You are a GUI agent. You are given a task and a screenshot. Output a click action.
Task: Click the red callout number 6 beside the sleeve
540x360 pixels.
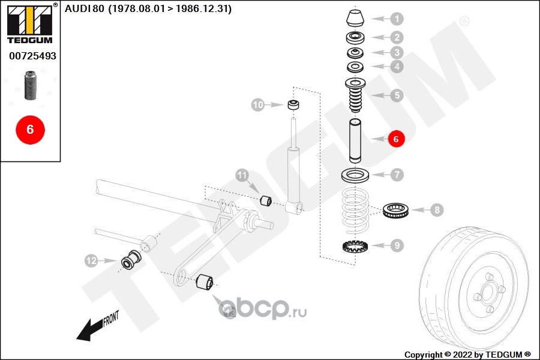[396, 139]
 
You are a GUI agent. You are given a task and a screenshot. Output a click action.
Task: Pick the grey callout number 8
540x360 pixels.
[437, 210]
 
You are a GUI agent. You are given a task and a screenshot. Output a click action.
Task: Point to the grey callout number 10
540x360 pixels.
[258, 105]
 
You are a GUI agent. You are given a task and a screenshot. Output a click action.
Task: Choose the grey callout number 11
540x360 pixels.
[242, 176]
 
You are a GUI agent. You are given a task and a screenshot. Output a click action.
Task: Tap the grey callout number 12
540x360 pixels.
[91, 261]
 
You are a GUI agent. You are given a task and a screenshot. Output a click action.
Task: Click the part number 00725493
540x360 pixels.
[32, 56]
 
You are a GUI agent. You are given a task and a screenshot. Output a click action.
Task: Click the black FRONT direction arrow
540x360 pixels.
[90, 329]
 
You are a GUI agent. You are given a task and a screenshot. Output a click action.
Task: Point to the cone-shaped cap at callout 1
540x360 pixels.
[355, 18]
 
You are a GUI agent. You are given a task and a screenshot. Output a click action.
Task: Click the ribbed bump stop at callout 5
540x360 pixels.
[355, 96]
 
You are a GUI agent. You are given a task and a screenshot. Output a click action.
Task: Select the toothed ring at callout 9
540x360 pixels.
[355, 245]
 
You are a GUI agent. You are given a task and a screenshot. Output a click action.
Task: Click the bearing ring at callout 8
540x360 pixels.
[396, 210]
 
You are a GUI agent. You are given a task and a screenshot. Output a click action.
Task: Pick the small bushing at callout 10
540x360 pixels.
[294, 106]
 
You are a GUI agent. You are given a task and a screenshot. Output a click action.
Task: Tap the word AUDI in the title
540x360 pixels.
[78, 9]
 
